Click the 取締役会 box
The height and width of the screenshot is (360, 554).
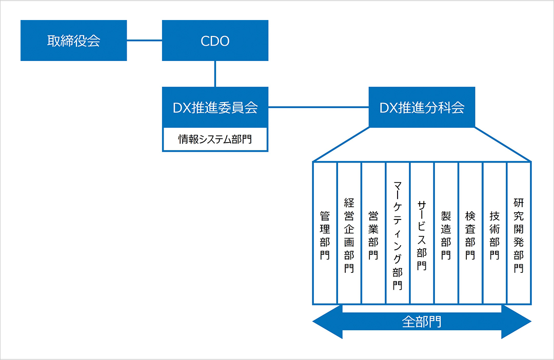click(x=73, y=41)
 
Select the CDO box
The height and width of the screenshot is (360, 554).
click(x=215, y=41)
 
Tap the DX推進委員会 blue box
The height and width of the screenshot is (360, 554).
click(x=215, y=107)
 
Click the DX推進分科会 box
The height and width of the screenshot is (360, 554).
click(x=422, y=107)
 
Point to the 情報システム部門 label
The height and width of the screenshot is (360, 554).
click(x=215, y=139)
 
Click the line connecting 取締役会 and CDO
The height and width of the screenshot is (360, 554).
click(x=145, y=41)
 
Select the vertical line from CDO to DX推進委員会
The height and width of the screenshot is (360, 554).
click(x=215, y=74)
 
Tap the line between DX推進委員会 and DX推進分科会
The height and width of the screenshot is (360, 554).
click(x=319, y=107)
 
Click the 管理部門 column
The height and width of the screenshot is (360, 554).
click(x=325, y=233)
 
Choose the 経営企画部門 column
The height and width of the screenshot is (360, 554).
click(x=349, y=233)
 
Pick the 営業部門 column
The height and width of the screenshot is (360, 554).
click(x=373, y=233)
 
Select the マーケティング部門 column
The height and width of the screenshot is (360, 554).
click(x=398, y=233)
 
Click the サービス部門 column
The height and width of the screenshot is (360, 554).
click(x=422, y=233)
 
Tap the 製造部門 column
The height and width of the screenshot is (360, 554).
click(x=446, y=233)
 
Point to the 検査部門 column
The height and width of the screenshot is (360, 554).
click(x=470, y=233)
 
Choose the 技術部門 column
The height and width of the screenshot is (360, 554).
click(x=494, y=233)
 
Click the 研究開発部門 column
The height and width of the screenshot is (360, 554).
click(x=519, y=233)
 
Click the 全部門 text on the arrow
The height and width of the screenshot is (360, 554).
click(x=422, y=322)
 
